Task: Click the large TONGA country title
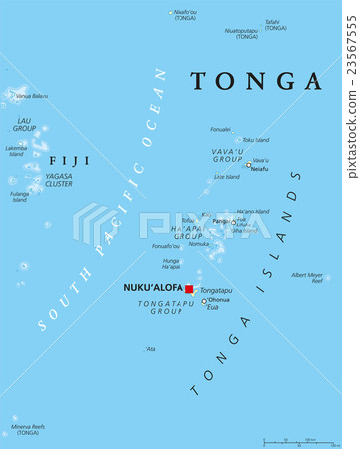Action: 256,81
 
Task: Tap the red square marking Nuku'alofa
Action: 189,289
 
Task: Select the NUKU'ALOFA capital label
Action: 153,288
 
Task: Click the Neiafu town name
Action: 259,169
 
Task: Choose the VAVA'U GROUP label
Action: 228,155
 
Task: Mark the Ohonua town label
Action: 219,299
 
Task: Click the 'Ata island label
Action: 151,349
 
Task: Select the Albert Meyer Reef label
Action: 307,278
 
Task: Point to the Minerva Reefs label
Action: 28,429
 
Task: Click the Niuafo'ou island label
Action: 184,15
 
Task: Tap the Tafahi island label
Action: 272,24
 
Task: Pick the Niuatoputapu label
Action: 241,33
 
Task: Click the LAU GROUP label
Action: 24,125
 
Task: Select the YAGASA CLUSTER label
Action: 59,181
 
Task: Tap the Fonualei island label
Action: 220,129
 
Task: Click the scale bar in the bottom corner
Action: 304,441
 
